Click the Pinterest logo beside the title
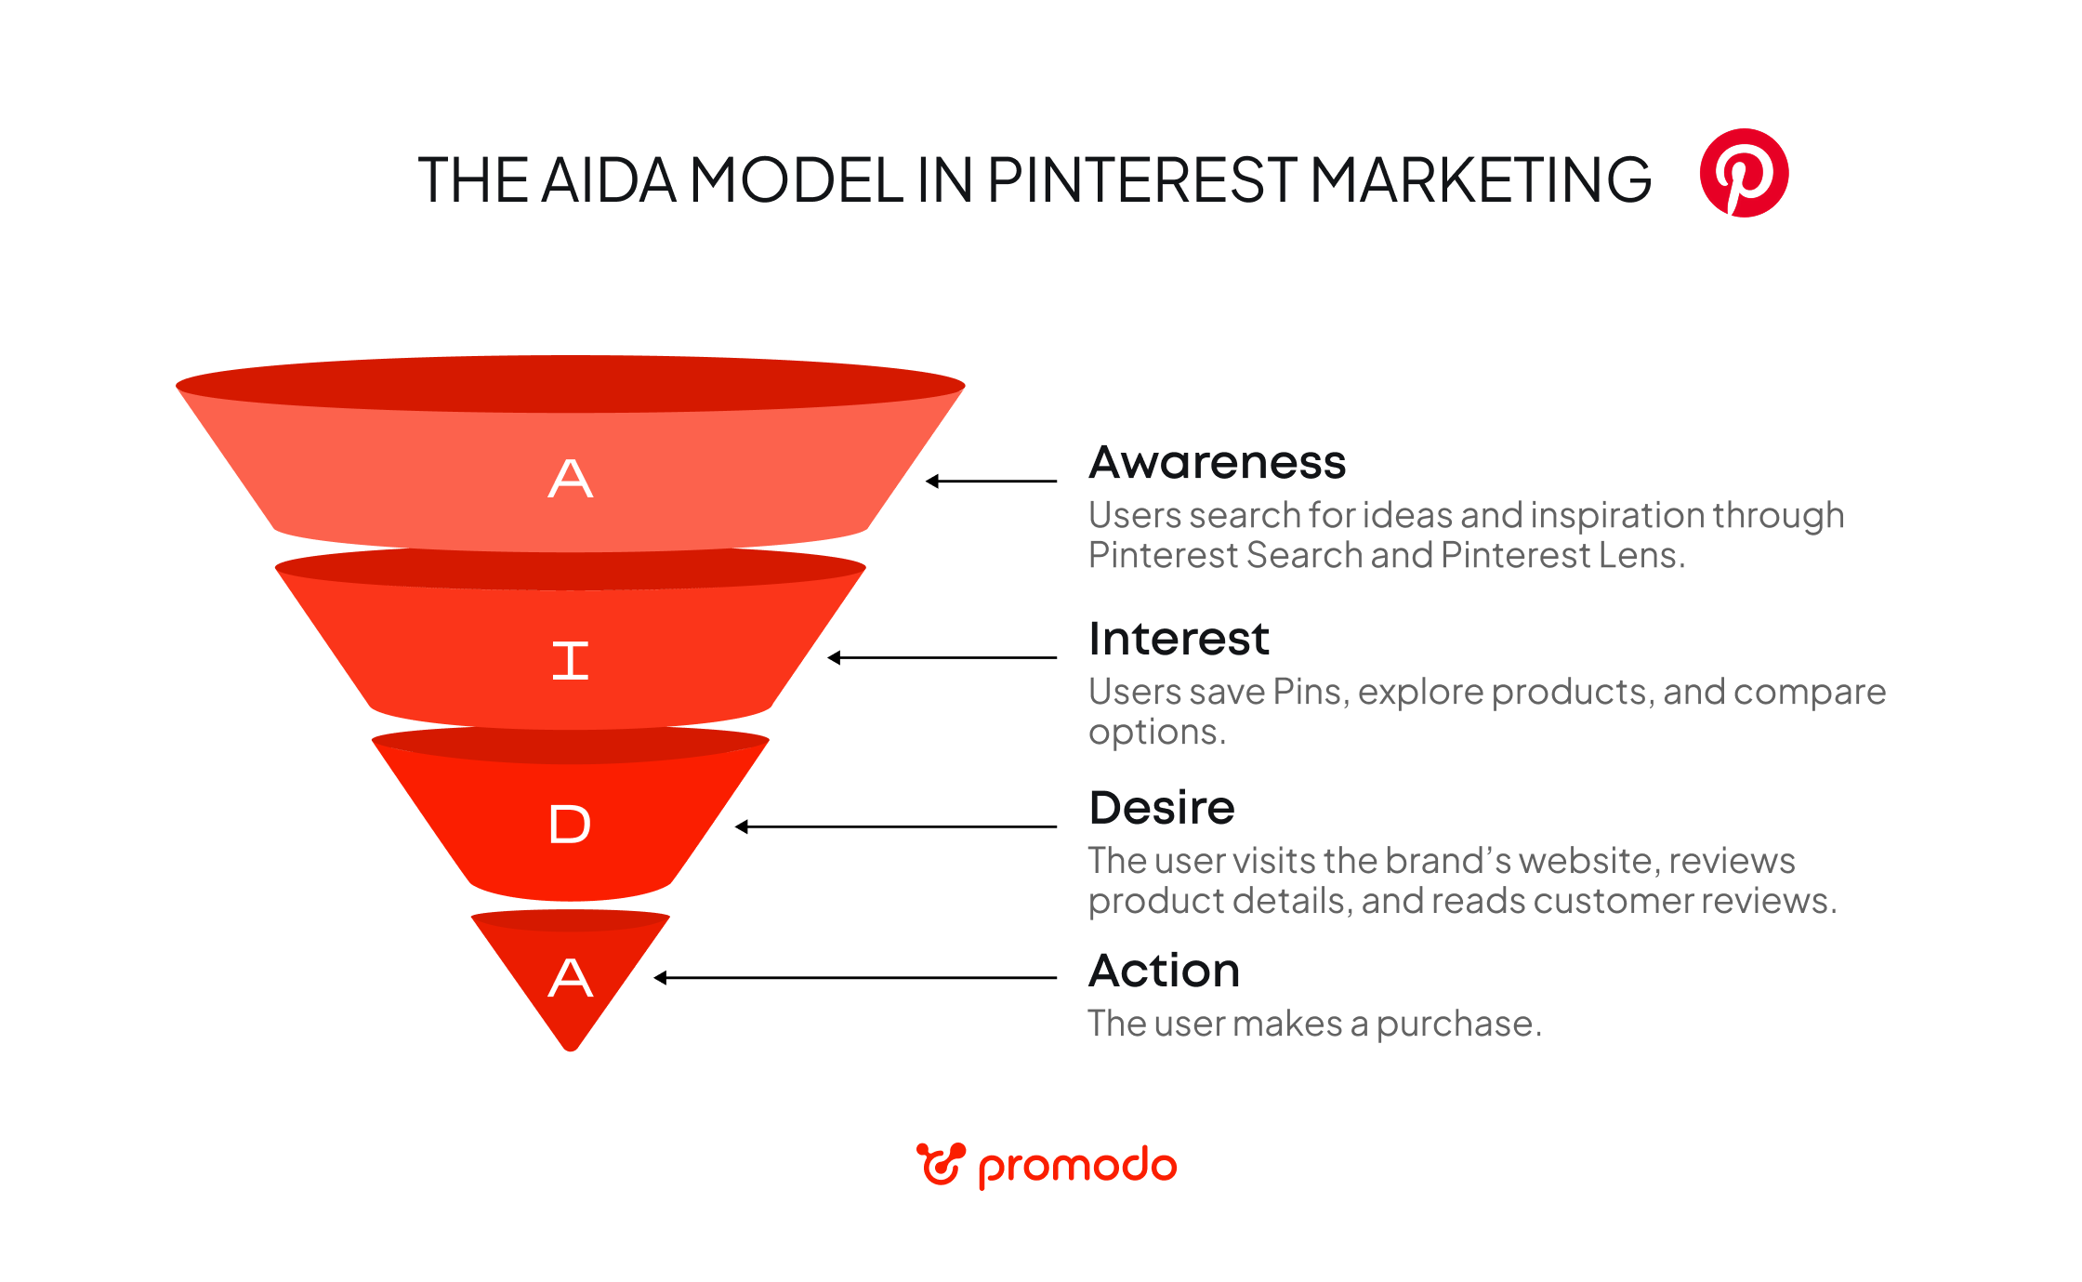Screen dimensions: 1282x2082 (x=1744, y=173)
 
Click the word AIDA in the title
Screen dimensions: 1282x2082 (x=608, y=179)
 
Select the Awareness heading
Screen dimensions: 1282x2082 (x=1217, y=462)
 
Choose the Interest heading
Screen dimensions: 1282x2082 (x=1179, y=639)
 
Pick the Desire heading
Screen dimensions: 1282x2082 (x=1162, y=807)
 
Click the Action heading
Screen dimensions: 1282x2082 (x=1164, y=971)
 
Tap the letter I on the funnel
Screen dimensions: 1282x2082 (x=570, y=661)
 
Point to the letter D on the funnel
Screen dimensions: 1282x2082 (x=570, y=825)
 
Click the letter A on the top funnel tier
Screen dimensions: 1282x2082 (x=570, y=479)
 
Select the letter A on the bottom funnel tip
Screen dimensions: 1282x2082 (x=570, y=978)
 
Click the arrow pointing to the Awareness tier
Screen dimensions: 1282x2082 (x=991, y=481)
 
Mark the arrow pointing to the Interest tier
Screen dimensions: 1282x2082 (x=942, y=657)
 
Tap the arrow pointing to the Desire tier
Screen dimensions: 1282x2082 (x=895, y=826)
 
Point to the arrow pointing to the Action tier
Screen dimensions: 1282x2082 (x=855, y=977)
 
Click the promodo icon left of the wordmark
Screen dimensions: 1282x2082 (x=941, y=1164)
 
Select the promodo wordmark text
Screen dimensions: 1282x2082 (x=1077, y=1166)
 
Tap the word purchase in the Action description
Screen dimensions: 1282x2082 (x=1457, y=1024)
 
